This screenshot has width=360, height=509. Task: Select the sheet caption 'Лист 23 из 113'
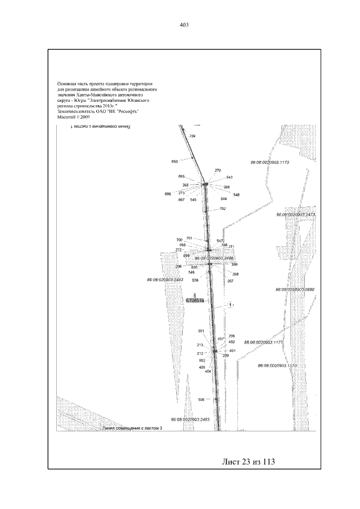(x=248, y=462)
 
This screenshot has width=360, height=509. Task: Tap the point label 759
(x=192, y=137)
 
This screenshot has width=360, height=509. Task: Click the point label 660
(x=174, y=161)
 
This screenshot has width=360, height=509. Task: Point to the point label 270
(x=218, y=170)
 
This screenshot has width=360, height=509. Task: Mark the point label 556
(x=201, y=399)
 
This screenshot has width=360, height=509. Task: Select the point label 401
(x=232, y=350)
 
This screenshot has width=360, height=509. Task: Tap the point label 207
(x=230, y=280)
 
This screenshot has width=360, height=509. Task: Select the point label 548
(x=236, y=195)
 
